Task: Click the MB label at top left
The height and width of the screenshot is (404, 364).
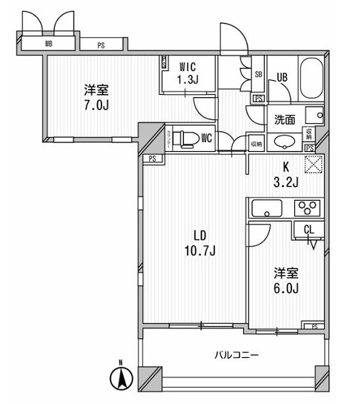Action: pyautogui.click(x=48, y=44)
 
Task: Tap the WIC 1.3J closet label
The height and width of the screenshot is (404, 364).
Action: pyautogui.click(x=186, y=73)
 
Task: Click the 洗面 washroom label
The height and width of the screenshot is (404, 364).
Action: pyautogui.click(x=285, y=119)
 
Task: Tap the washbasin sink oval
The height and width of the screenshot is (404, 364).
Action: pyautogui.click(x=284, y=142)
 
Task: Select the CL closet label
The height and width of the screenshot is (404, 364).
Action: pyautogui.click(x=308, y=230)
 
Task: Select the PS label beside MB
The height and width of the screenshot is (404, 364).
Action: pyautogui.click(x=101, y=44)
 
